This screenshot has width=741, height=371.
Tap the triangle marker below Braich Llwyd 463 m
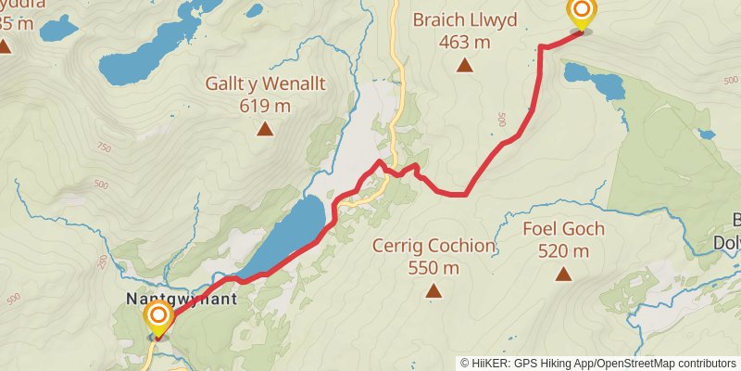pyautogui.click(x=464, y=65)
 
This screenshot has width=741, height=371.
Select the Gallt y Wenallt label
pyautogui.click(x=266, y=84)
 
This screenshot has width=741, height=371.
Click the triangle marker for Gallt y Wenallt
pyautogui.click(x=266, y=129)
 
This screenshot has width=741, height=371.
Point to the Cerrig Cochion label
pyautogui.click(x=433, y=246)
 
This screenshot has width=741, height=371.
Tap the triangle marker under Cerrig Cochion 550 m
pyautogui.click(x=433, y=291)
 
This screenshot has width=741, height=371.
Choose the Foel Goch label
pyautogui.click(x=563, y=228)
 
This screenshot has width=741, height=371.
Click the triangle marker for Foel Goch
pyautogui.click(x=563, y=274)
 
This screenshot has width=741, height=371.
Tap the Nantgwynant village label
pyautogui.click(x=181, y=300)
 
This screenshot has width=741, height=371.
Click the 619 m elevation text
pyautogui.click(x=266, y=106)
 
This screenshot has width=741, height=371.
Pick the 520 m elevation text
pyautogui.click(x=563, y=250)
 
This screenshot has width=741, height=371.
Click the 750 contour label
pyautogui.click(x=102, y=147)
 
